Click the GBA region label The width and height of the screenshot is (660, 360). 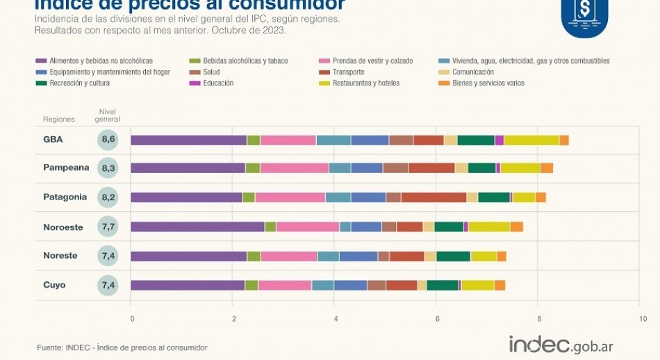point(53,140)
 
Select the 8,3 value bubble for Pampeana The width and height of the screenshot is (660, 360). point(108,168)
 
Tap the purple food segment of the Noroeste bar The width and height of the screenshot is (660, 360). point(197,227)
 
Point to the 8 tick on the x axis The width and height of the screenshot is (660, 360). point(539,319)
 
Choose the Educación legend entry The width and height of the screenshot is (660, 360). point(218,83)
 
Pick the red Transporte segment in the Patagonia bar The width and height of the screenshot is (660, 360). point(434,197)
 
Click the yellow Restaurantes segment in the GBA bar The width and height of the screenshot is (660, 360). point(531,140)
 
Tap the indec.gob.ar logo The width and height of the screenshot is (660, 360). point(561,345)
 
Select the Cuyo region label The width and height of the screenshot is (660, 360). point(55,285)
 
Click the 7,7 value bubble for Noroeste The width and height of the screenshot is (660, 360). point(108,227)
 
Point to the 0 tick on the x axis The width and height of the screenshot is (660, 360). point(131,319)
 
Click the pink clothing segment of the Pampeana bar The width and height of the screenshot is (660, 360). point(295,168)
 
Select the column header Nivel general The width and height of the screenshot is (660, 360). point(108,115)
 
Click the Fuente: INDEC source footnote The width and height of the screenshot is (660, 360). point(122,347)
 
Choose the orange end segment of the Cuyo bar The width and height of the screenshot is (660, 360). point(500,285)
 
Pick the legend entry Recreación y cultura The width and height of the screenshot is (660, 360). point(79,83)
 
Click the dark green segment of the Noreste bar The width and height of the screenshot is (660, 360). point(453,256)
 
